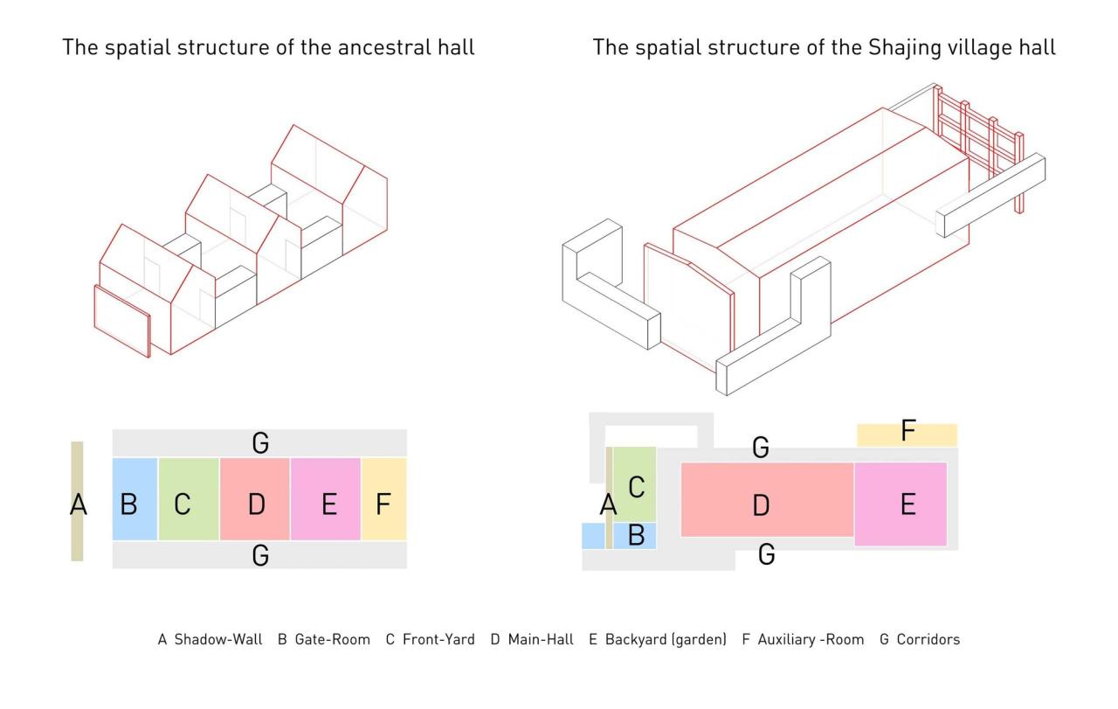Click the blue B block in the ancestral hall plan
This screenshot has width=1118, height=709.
(135, 498)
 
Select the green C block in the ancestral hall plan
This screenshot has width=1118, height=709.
(189, 498)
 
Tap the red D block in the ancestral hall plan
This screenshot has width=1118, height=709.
(255, 498)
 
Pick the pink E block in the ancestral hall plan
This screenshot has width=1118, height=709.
(325, 498)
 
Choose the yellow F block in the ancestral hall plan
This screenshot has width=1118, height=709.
(384, 498)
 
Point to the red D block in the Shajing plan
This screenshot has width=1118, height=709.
(766, 498)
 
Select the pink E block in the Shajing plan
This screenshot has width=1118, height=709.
(901, 504)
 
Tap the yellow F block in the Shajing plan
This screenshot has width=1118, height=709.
(907, 434)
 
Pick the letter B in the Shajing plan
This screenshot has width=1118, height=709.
(636, 535)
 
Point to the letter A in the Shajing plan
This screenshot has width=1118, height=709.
(609, 504)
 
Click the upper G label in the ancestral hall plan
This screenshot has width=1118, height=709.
(260, 443)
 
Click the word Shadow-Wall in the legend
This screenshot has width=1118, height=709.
(218, 640)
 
